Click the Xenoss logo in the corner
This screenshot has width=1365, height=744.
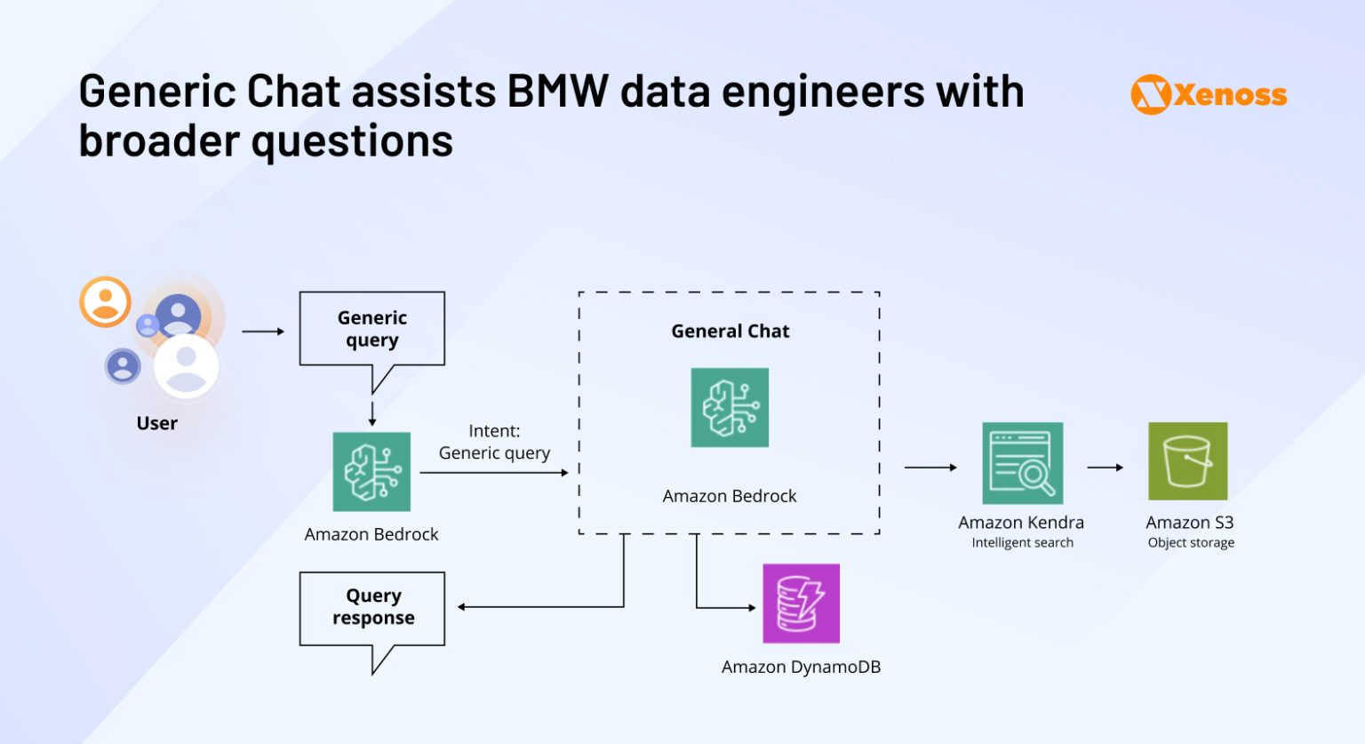1209,94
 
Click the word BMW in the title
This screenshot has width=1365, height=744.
557,92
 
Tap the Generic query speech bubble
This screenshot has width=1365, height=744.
371,329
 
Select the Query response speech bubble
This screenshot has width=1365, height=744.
372,607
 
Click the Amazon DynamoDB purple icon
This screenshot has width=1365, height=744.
801,604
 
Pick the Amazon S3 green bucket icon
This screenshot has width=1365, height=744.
1187,461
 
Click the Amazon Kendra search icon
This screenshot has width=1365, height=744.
1022,463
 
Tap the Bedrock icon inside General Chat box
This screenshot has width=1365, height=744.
730,407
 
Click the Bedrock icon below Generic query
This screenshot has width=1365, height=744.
371,472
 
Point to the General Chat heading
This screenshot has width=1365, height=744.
730,331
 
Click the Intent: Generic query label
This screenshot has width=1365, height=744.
494,442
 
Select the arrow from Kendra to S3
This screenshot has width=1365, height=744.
1105,468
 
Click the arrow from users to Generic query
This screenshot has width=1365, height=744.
263,332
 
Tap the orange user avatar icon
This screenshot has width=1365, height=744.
106,302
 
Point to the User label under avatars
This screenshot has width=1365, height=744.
156,423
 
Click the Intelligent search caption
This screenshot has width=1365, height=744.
1022,543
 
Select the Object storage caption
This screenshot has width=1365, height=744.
1191,543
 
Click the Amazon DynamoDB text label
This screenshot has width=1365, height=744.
801,667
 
